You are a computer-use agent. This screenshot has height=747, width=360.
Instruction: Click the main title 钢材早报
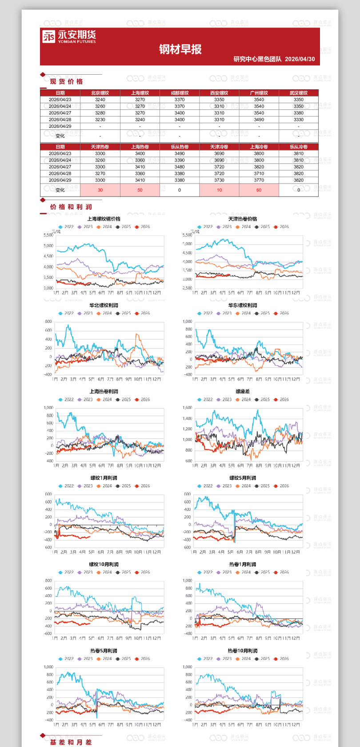pos(180,49)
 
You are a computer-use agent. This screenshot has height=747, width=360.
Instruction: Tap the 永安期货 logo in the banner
pos(69,36)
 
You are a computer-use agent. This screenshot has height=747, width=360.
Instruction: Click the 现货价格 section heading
pos(66,81)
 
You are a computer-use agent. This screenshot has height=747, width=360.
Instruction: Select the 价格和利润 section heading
pos(71,207)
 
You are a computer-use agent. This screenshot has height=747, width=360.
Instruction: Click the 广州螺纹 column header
pos(259,93)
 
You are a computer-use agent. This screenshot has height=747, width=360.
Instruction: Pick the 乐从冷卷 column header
pos(298,147)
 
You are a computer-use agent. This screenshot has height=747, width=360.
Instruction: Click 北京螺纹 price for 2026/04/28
pos(100,120)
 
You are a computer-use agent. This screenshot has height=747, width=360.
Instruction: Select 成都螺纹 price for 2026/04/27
pos(180,113)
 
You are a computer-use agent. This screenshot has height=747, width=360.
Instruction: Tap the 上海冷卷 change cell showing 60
pos(259,190)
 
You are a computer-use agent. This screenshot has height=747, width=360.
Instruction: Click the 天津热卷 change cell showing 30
pos(100,190)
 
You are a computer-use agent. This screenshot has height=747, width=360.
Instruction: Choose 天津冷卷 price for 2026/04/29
pos(219,180)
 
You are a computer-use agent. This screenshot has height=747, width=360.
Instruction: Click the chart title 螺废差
pos(243,392)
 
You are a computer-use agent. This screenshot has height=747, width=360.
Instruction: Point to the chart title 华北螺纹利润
pos(104,305)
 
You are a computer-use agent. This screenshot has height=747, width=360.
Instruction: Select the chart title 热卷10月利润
pos(243,651)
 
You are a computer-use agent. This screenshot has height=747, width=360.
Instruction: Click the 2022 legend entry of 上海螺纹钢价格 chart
pos(66,227)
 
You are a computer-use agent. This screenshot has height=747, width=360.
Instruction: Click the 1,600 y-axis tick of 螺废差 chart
pos(188,408)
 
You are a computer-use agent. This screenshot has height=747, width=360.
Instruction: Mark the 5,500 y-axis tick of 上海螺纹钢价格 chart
pos(48,235)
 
